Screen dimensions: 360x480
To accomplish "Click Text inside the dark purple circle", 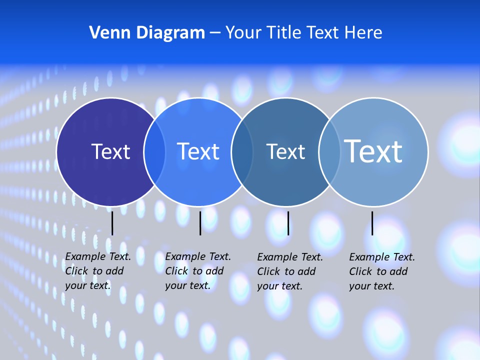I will (110, 151).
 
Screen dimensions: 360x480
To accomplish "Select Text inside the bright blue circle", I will (198, 151).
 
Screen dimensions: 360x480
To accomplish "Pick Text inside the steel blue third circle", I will (285, 151).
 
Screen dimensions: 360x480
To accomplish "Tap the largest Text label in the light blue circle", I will (373, 151).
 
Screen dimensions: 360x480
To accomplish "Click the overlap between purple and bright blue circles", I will (154, 151).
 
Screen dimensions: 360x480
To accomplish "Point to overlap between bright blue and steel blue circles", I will (242, 151).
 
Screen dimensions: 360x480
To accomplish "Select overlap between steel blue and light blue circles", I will (329, 151).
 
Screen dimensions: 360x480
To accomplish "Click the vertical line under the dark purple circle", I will (112, 223).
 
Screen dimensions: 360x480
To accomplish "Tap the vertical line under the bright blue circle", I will (200, 223).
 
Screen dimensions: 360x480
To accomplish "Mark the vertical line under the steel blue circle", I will (288, 223).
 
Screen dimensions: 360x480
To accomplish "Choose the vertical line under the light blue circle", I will (372, 223).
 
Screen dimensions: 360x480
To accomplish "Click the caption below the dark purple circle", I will (98, 271).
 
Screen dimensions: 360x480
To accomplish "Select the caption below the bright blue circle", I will (198, 271).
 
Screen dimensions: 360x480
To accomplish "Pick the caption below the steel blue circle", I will (290, 271).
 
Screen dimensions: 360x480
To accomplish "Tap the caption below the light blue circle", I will (382, 271).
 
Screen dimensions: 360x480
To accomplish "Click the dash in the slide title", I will (215, 33).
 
